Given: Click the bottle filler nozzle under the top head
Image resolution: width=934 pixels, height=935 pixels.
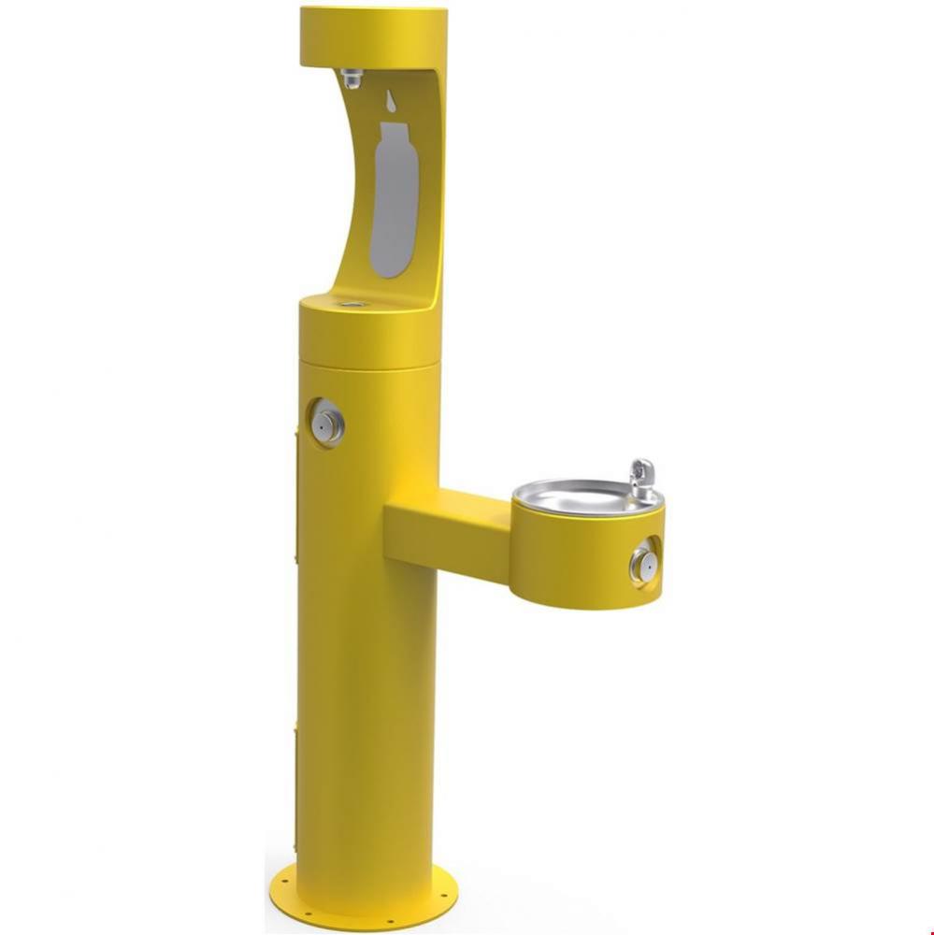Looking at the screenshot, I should (352, 79).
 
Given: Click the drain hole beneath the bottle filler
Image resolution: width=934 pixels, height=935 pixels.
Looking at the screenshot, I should (353, 304).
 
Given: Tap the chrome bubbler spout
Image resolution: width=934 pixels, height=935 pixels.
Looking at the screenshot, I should (641, 479).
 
